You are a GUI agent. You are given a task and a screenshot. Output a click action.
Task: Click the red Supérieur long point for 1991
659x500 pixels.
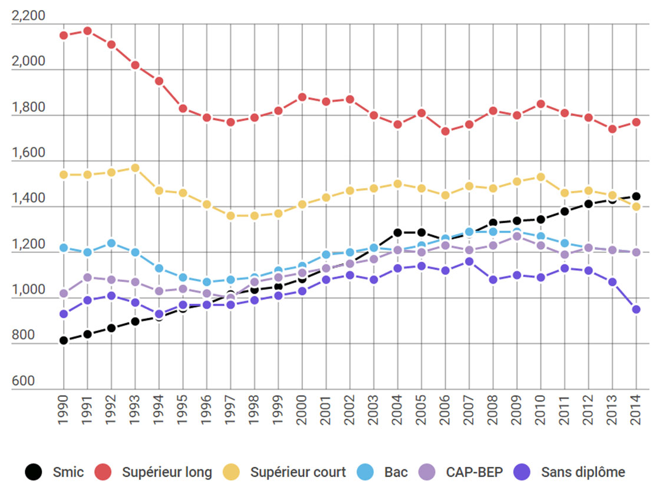pos(87,31)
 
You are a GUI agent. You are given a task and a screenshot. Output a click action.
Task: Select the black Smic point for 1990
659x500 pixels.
pos(64,341)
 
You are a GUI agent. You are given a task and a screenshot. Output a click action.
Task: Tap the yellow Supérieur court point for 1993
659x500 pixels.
pos(135,168)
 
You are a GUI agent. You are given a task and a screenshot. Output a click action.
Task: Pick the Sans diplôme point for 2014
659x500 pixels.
pos(636,310)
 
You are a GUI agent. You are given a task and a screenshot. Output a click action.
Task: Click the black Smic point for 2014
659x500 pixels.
pos(636,196)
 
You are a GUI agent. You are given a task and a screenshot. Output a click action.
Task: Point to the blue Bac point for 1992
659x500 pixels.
pos(111,243)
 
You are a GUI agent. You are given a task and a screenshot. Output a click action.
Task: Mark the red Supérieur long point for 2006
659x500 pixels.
pos(446,131)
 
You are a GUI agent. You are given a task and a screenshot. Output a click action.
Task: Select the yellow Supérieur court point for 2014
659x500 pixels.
pos(636,207)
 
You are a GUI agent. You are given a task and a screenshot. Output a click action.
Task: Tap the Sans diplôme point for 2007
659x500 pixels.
pos(469,261)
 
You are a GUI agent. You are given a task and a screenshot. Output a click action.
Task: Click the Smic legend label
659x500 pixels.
pos(68,472)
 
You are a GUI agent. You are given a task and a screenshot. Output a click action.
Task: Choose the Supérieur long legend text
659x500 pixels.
pos(167,472)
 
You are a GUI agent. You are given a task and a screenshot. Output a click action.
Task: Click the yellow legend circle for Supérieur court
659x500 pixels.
pos(232,472)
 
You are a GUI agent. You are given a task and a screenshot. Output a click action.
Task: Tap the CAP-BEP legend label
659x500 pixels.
pos(475,472)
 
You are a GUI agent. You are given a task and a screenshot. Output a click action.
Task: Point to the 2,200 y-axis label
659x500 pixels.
pos(28,16)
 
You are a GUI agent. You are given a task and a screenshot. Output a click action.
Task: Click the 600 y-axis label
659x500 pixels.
pos(23,381)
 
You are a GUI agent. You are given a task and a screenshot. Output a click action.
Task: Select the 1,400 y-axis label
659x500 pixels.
pos(28,199)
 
